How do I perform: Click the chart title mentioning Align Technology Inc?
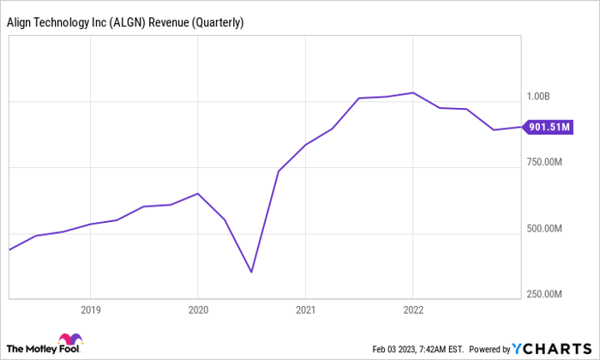point(125,23)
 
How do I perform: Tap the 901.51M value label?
point(548,128)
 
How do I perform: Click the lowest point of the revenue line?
point(251,273)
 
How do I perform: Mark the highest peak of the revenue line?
point(413,93)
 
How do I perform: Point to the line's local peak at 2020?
point(198,194)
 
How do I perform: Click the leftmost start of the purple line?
point(9,249)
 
